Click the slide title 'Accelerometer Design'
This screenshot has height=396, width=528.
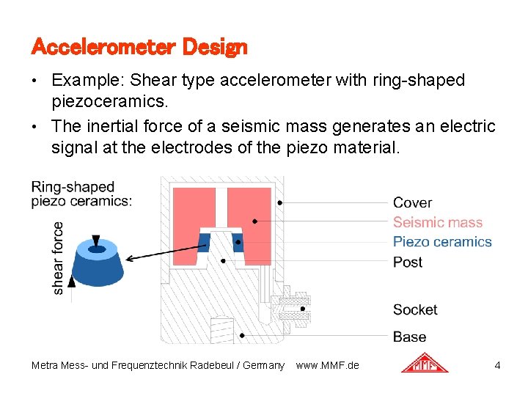[139, 48]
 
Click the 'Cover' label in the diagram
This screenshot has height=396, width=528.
[412, 202]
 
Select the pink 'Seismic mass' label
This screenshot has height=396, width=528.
[437, 222]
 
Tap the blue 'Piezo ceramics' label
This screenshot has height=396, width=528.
[441, 242]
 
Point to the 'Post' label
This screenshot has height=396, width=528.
[407, 262]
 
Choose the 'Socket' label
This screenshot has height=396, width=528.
[414, 309]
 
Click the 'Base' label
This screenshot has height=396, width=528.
[409, 337]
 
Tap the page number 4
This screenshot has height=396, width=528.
[497, 364]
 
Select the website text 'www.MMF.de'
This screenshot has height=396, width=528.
[327, 364]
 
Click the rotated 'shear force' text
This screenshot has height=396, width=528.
[58, 258]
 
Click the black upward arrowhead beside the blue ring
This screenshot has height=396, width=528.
[71, 279]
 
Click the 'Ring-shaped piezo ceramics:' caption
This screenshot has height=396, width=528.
[81, 194]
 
